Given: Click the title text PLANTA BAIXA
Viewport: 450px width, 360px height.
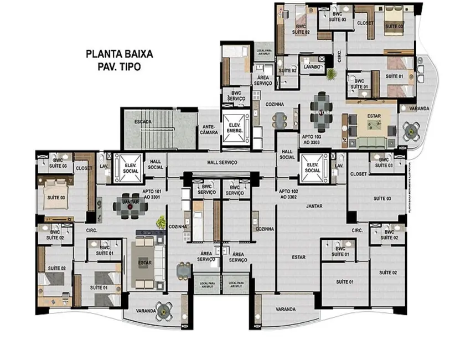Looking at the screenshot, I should pos(119,54).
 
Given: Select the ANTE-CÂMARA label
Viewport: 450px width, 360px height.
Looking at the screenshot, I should pos(209,129).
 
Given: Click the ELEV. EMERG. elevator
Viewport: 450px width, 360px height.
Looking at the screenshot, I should pos(234,128).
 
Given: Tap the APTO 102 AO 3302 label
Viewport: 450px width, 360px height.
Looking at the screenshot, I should pos(289,194).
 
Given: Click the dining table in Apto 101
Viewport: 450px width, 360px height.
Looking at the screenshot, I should pos(131,206).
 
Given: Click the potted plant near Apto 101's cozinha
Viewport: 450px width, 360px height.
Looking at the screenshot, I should pos(161,222).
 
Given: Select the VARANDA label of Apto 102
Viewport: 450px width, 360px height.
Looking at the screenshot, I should pos(286,309).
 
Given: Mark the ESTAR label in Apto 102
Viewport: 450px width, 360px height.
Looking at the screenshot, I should pos(299,257).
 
